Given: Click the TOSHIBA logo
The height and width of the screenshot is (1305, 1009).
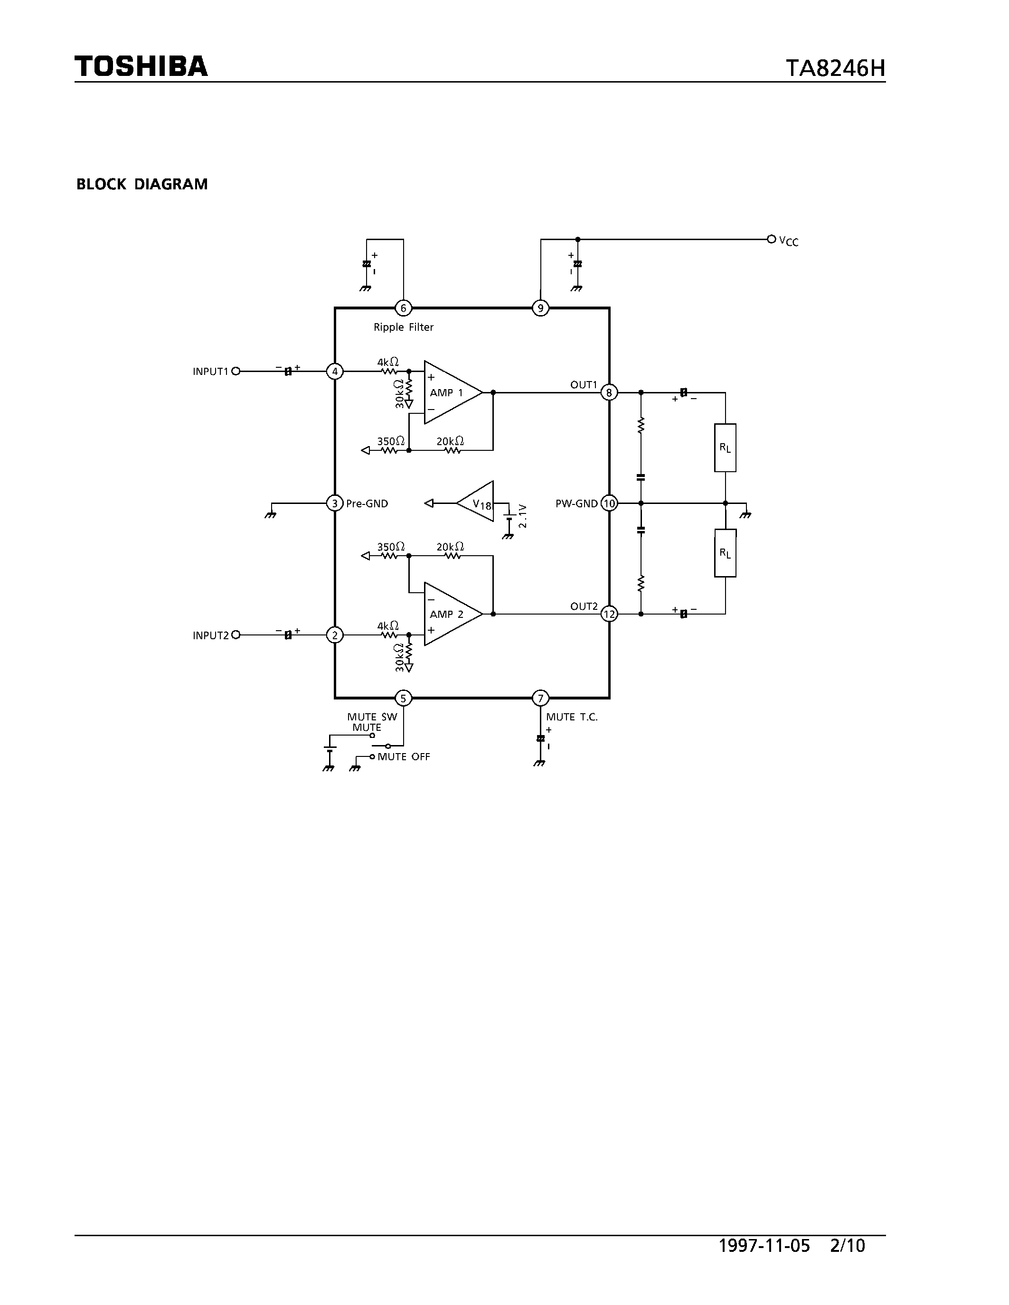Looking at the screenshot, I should (x=141, y=67).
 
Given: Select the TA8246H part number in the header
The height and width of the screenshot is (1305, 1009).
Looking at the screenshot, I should (x=835, y=69).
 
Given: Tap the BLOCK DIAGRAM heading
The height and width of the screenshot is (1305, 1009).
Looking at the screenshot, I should (x=141, y=184).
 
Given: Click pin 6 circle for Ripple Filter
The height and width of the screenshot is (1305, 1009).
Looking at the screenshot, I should (x=404, y=308).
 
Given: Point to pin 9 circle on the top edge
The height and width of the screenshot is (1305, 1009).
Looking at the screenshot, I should (x=540, y=308).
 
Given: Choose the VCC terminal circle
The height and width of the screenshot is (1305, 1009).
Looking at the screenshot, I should (x=771, y=239).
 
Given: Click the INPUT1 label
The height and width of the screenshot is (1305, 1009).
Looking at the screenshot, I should (x=210, y=372).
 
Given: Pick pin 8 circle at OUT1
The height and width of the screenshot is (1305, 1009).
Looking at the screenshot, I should (x=609, y=392).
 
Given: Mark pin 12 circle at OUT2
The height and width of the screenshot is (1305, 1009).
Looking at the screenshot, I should (x=609, y=614).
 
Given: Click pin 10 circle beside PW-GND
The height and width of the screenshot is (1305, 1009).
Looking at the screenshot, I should (x=609, y=503).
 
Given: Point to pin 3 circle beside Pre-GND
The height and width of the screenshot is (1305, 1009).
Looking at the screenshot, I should (x=335, y=503).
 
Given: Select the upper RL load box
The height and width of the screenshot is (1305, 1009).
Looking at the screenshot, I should (x=725, y=447).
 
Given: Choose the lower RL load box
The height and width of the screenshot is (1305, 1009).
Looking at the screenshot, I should (x=725, y=553).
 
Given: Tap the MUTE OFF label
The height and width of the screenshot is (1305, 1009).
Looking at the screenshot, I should (x=404, y=756).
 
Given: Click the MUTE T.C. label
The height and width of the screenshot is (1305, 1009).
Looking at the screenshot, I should (x=571, y=717).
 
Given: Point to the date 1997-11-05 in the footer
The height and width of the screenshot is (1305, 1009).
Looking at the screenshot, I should (x=764, y=1245).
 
